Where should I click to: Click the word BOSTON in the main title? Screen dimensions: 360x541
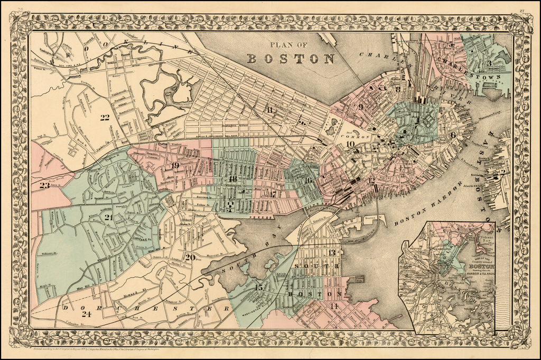coord(291,58)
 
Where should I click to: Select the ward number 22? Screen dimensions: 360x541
coord(105,117)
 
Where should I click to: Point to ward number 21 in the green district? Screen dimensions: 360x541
coord(109,217)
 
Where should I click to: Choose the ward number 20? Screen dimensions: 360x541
coord(190,258)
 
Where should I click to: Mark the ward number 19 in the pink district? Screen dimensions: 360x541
coord(175,166)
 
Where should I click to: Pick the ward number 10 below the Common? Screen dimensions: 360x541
coord(350,144)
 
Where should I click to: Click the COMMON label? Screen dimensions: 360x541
coord(359,134)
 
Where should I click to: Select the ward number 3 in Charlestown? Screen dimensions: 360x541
coord(490,63)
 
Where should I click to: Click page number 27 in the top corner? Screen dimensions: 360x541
coord(521,9)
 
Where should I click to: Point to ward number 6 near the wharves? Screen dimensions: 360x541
coord(453,135)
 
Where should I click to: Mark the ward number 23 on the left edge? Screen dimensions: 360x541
coord(45,185)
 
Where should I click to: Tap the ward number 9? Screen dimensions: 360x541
coord(361,107)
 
